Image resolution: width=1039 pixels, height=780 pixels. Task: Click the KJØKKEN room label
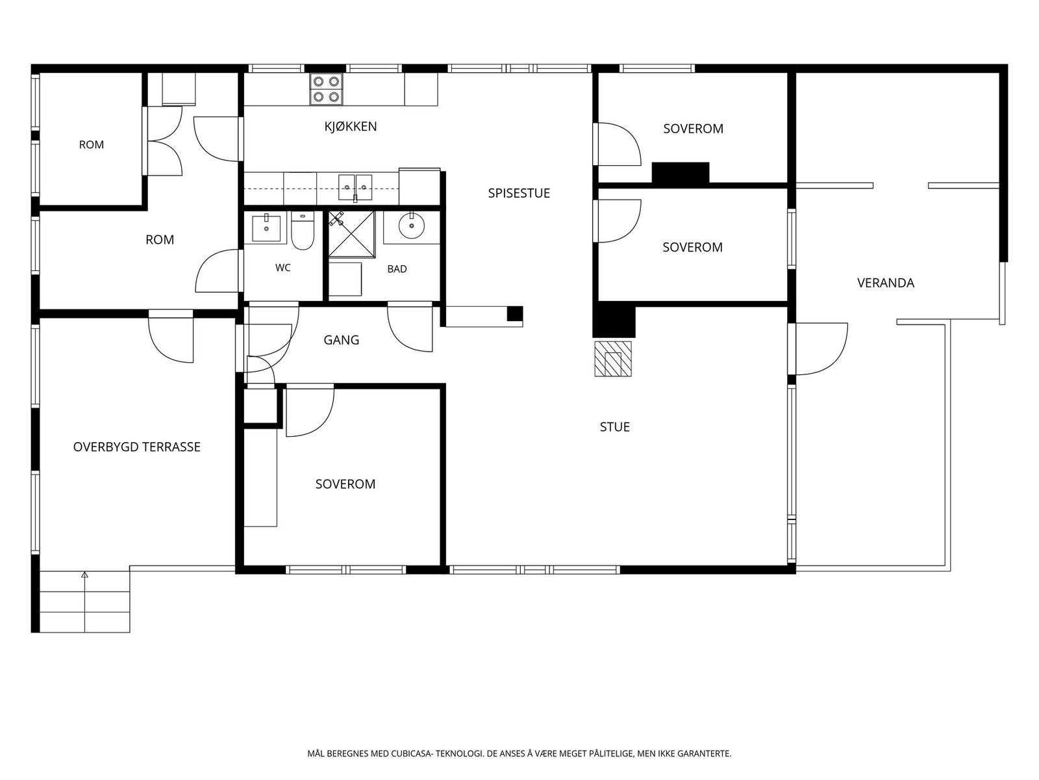tap(350, 127)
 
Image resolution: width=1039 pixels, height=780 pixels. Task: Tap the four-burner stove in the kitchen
tap(326, 89)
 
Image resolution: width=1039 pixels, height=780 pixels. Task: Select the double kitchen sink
tap(355, 187)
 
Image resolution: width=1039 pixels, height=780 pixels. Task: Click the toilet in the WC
tap(303, 231)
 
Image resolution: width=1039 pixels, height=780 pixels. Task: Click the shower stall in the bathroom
tap(352, 235)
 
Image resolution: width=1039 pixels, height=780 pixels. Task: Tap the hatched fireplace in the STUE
tap(613, 359)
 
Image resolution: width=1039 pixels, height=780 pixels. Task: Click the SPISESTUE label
tap(519, 193)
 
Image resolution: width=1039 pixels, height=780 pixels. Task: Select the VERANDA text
tap(886, 283)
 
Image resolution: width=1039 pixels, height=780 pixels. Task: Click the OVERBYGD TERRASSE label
tap(137, 447)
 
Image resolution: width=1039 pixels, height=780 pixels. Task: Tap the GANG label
tap(342, 340)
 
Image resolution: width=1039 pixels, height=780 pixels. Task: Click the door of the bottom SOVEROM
tap(310, 410)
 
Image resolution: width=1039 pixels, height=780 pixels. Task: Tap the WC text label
tap(283, 268)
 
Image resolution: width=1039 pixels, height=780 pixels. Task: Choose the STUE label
tap(615, 426)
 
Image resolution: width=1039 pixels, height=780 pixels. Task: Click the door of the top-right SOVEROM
tap(618, 144)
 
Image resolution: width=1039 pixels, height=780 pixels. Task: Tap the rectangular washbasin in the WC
tap(266, 227)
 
